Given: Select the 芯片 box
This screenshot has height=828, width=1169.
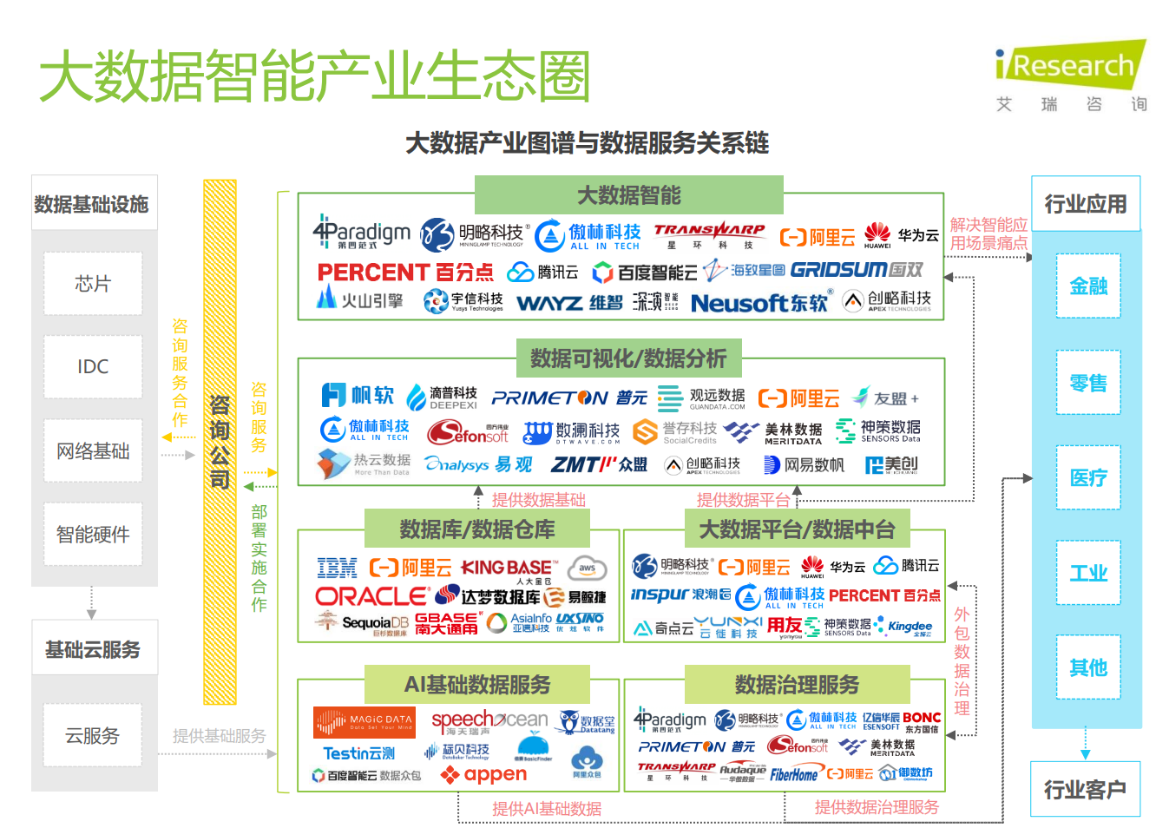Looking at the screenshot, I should point(93,284).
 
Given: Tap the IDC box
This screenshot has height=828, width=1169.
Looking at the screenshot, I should point(93,367).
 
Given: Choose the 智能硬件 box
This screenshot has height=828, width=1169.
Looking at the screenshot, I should point(93,535).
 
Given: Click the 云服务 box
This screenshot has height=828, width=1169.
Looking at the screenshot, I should point(93,736).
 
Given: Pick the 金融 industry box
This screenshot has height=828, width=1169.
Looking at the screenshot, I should point(1088,286).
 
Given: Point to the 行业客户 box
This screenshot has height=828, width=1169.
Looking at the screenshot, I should point(1085,790).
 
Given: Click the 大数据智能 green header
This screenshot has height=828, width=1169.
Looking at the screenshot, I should point(629,195).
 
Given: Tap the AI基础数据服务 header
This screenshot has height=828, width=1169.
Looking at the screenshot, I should point(477,685).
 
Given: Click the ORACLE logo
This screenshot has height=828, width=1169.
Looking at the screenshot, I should point(371,596).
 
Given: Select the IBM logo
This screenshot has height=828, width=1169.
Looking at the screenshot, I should point(338,568).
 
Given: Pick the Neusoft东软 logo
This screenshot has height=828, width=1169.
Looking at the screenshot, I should point(759,303).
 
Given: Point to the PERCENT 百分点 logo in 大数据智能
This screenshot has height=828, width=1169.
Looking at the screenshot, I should point(405,273).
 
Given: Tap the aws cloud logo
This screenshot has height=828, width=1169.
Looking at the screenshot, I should point(588,568).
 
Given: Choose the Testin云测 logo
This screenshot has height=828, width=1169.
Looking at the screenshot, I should point(359,753).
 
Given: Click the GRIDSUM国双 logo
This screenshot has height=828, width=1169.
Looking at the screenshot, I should point(857,270).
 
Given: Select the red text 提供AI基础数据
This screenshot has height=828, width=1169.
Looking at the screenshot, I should point(547,809).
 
